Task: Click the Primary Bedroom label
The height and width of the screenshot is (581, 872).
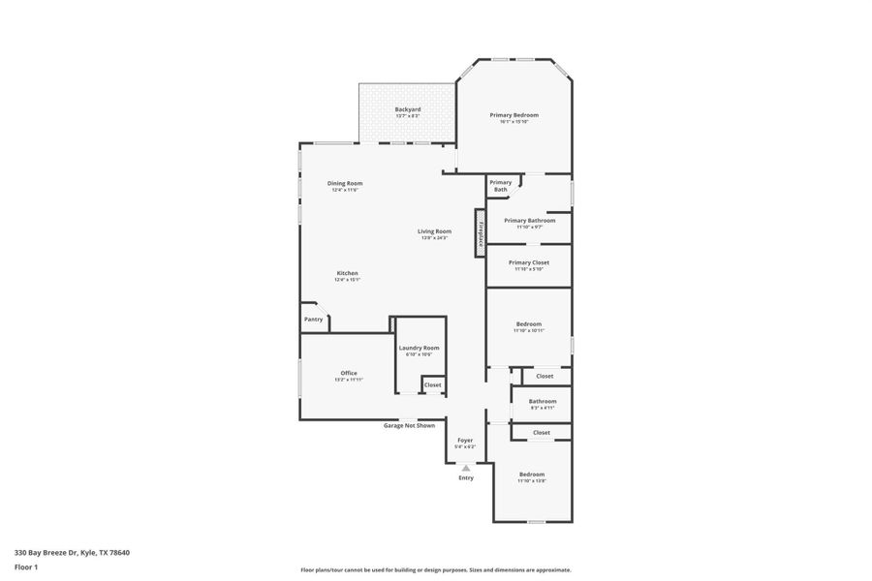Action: click(x=514, y=115)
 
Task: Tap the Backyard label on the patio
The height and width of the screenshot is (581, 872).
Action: click(x=407, y=109)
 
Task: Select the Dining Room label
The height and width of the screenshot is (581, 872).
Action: click(x=344, y=183)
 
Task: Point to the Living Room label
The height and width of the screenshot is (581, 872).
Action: click(x=434, y=231)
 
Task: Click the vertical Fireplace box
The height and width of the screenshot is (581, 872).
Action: click(x=479, y=233)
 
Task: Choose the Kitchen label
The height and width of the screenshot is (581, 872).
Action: click(x=347, y=273)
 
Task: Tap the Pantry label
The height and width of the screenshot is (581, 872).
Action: click(x=313, y=320)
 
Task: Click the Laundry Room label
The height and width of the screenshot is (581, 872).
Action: click(x=419, y=348)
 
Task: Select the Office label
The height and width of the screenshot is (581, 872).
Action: click(x=349, y=373)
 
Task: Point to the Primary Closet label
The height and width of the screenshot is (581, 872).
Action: click(x=528, y=262)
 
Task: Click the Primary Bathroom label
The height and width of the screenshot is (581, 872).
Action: click(x=529, y=220)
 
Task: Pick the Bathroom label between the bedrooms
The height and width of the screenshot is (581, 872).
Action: click(x=542, y=401)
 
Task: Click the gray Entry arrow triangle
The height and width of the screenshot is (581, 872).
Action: click(x=466, y=468)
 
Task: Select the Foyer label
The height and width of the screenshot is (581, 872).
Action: click(x=465, y=441)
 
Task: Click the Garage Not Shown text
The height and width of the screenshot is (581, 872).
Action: click(x=409, y=425)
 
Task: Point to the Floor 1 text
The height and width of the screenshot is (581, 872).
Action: click(x=26, y=566)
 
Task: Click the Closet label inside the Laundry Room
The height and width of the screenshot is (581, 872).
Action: click(x=432, y=385)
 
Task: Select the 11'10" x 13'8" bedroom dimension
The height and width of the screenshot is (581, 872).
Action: click(x=531, y=481)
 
